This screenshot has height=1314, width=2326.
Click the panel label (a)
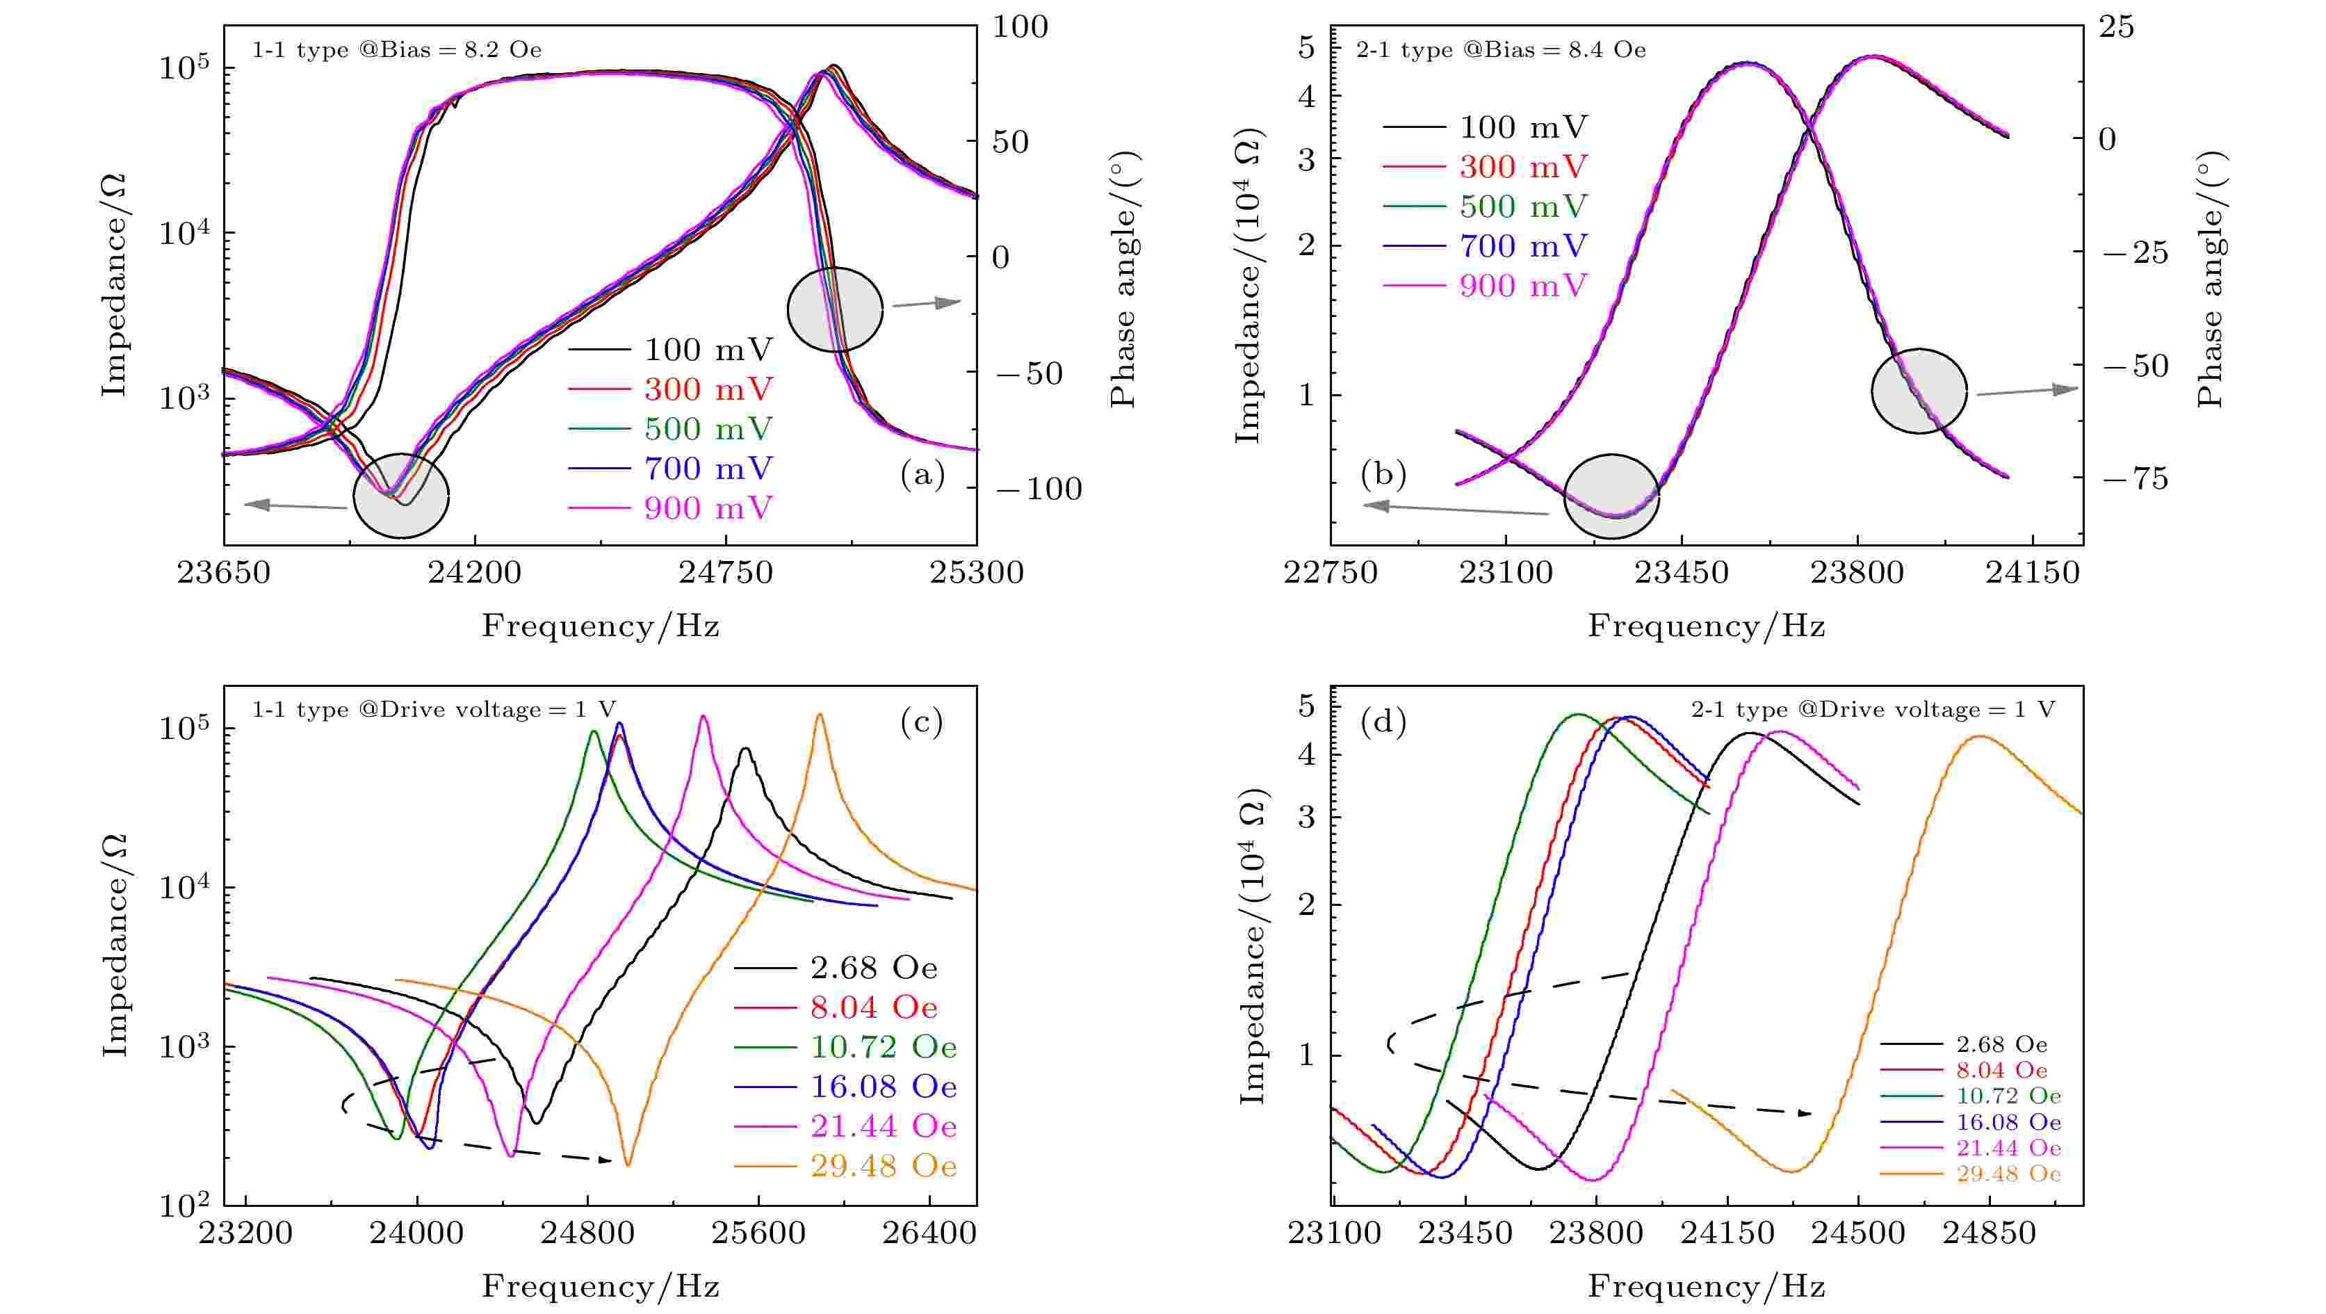pyautogui.click(x=922, y=474)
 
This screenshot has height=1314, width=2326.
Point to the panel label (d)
pyautogui.click(x=1383, y=721)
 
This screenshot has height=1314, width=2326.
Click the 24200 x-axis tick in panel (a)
pyautogui.click(x=475, y=573)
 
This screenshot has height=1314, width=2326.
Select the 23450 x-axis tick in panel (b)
pyautogui.click(x=1682, y=573)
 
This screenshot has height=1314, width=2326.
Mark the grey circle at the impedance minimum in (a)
pyautogui.click(x=401, y=496)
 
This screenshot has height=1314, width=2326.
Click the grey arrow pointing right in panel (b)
pyautogui.click(x=2027, y=391)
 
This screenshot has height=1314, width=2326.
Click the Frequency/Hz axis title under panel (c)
pyautogui.click(x=601, y=1286)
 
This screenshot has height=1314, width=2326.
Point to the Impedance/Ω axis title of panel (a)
pyautogui.click(x=114, y=284)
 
